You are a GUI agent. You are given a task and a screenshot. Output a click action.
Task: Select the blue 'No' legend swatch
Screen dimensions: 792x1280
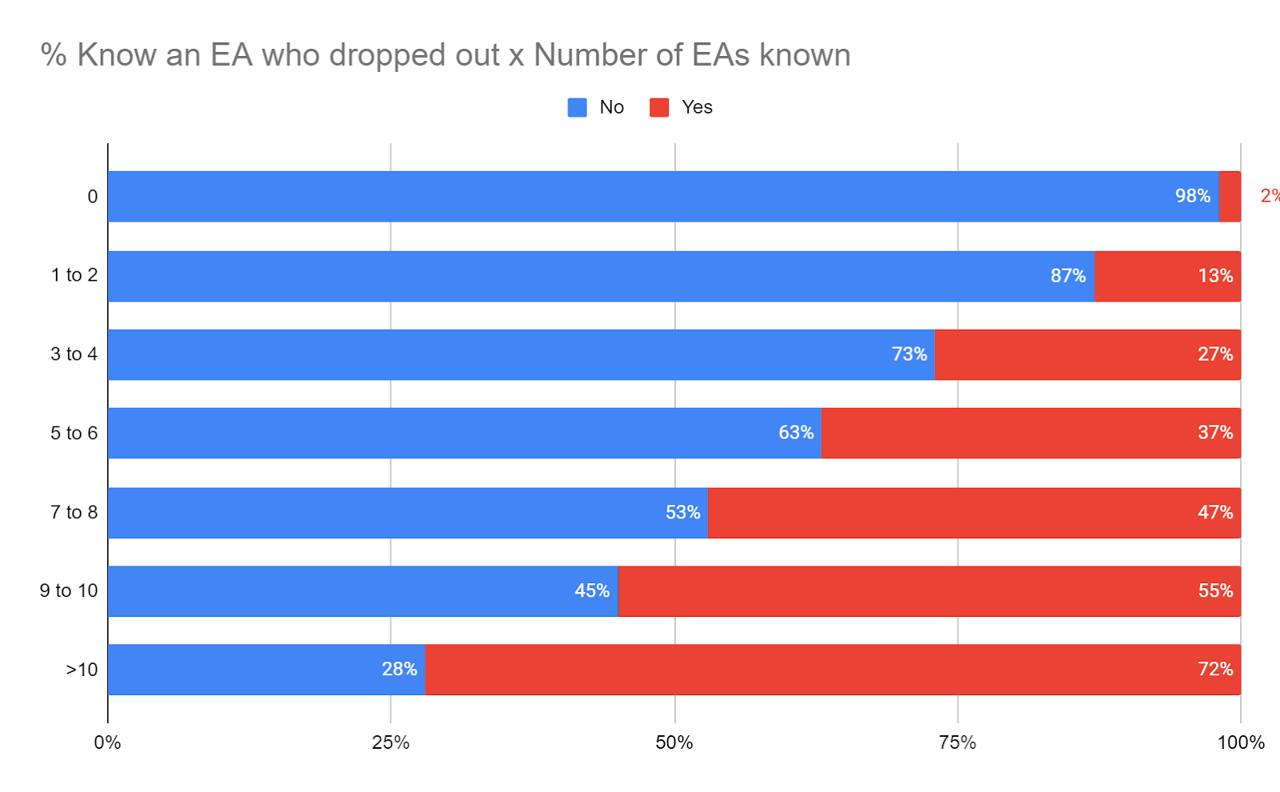click(x=577, y=107)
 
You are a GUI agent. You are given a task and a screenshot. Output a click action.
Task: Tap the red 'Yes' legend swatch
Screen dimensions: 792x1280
click(x=659, y=107)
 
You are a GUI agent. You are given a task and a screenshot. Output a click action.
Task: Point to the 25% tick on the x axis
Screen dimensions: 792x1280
click(x=390, y=742)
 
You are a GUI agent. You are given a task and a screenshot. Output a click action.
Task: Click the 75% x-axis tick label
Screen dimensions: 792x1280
click(x=958, y=742)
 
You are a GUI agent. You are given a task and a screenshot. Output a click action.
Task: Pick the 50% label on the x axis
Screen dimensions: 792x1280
click(x=674, y=742)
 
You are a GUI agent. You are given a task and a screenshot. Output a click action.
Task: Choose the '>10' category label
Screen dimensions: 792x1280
click(x=82, y=670)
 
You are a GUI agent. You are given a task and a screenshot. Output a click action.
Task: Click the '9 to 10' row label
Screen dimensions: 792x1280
click(x=69, y=590)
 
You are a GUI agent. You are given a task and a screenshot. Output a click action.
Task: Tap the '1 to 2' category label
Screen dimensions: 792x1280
click(x=74, y=275)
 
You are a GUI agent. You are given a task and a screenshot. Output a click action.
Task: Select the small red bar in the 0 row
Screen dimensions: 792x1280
click(x=1230, y=196)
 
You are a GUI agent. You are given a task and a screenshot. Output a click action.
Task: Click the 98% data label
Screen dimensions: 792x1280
click(x=1192, y=196)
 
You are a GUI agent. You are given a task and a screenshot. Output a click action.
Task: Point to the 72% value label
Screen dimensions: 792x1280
click(x=1215, y=669)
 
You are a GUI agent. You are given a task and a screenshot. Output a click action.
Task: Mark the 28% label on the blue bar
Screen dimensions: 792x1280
click(x=399, y=669)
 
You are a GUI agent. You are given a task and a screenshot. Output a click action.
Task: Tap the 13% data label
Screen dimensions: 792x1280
click(x=1215, y=276)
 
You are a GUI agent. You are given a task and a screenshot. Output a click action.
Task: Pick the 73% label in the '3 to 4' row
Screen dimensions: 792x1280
click(x=910, y=354)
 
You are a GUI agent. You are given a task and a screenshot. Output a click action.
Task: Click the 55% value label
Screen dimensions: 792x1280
click(x=1215, y=590)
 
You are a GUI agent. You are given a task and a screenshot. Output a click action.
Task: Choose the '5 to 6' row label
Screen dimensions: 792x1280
click(x=74, y=433)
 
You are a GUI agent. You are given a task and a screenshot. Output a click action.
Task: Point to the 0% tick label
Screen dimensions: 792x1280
click(x=108, y=742)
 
